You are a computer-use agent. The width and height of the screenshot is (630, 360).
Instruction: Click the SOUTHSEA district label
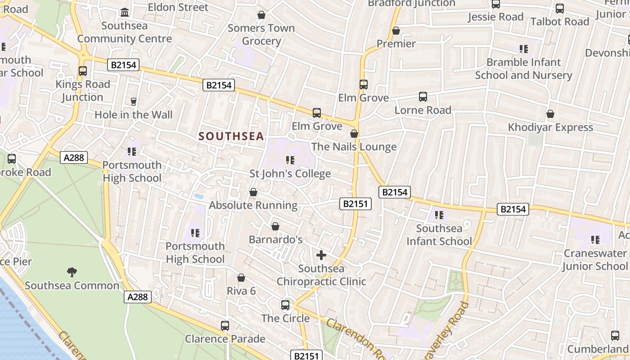click(231, 136)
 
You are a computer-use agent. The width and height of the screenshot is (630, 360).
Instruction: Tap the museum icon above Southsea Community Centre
click(125, 12)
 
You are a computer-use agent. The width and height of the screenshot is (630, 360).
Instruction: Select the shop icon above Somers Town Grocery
click(261, 15)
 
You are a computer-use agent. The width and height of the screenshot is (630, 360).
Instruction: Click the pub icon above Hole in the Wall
click(133, 102)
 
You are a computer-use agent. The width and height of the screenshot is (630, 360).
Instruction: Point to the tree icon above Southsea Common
click(72, 272)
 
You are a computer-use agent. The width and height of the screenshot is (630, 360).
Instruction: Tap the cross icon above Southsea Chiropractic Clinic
click(321, 255)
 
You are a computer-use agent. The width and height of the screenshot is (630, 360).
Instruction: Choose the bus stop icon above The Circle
click(285, 305)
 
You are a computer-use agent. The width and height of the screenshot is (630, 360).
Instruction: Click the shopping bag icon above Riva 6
click(241, 278)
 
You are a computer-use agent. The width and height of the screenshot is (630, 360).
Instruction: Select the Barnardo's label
click(275, 239)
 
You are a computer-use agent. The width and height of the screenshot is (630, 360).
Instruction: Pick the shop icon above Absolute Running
click(253, 192)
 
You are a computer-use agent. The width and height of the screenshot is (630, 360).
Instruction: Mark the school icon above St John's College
click(290, 160)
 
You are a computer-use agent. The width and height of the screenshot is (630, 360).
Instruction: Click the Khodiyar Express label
click(550, 127)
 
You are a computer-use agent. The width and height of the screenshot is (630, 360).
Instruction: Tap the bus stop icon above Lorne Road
click(423, 97)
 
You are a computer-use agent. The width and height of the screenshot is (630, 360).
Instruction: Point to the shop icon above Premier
click(396, 31)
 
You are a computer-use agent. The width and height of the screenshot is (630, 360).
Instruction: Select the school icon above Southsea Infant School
click(439, 215)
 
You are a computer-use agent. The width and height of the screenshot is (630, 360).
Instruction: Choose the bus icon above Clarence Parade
click(225, 325)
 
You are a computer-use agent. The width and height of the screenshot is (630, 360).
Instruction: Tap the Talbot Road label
click(559, 22)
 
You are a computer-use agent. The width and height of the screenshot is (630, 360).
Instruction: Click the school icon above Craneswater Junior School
click(595, 240)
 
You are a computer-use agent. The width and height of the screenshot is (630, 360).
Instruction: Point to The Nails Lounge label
click(354, 147)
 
